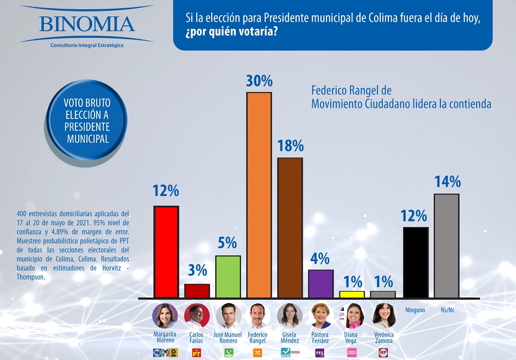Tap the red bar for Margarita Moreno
(x=166, y=251)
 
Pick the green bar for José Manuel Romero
(x=228, y=276)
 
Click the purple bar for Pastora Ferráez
(x=320, y=283)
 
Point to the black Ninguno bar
(x=416, y=262)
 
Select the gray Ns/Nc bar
(x=446, y=245)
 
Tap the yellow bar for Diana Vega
(x=351, y=294)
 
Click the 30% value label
(x=259, y=81)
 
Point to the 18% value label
(x=290, y=146)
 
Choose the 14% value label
(x=447, y=182)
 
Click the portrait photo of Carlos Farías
(x=197, y=315)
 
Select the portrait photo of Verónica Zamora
(x=383, y=315)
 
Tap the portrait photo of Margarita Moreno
(x=166, y=315)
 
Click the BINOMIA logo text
(x=87, y=24)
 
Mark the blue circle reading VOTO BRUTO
(x=87, y=120)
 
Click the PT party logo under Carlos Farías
(x=197, y=353)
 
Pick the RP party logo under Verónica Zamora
(x=383, y=353)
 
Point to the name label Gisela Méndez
(x=290, y=337)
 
